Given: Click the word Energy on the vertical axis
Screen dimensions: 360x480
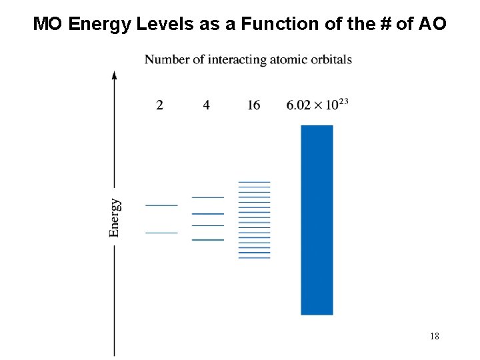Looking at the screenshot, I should (x=115, y=217).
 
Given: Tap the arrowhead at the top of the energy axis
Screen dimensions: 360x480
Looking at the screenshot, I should (x=115, y=74).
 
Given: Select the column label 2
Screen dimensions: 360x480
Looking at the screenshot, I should (x=159, y=105).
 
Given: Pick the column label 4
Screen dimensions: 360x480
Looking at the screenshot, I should (x=207, y=105).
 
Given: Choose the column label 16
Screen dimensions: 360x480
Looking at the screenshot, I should (x=253, y=105).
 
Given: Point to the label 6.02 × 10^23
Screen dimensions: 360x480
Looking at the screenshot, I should (x=317, y=105).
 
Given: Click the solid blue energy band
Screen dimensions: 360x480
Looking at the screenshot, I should (x=317, y=220).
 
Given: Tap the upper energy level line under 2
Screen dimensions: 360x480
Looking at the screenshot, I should (x=161, y=205).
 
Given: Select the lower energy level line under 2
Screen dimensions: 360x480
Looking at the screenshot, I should (x=161, y=233).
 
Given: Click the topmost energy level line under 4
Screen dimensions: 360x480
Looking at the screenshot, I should (x=208, y=197).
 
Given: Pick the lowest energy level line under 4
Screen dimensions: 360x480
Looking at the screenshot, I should (x=208, y=239).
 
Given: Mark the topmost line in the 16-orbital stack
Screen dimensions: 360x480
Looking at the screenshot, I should (x=254, y=182).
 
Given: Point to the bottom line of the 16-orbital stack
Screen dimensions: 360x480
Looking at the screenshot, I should (x=254, y=257).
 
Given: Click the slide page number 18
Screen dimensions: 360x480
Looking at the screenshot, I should (x=434, y=336).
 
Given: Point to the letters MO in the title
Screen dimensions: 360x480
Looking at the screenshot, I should (x=48, y=25).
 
